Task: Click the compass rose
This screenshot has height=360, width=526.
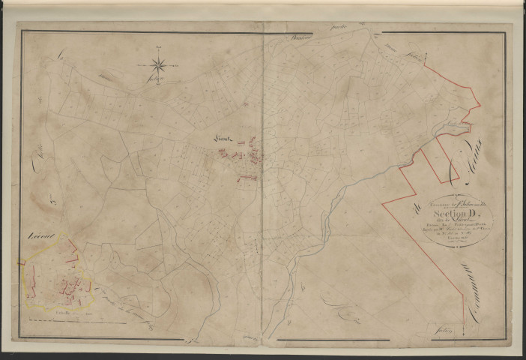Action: point(160,67)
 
